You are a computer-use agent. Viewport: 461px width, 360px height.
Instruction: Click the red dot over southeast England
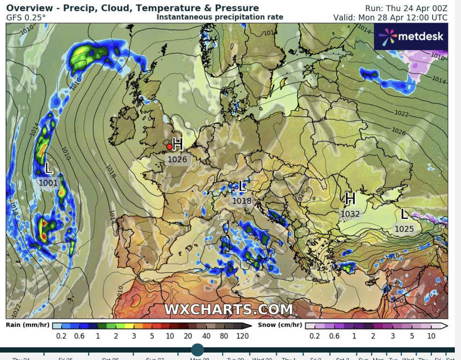pyautogui.click(x=169, y=146)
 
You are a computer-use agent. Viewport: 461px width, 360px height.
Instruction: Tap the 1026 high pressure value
pyautogui.click(x=177, y=160)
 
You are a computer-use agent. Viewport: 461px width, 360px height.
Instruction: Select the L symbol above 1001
pyautogui.click(x=48, y=168)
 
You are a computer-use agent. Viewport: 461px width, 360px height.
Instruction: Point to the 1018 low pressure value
pyautogui.click(x=242, y=201)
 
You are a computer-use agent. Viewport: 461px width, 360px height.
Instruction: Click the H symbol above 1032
pyautogui.click(x=350, y=199)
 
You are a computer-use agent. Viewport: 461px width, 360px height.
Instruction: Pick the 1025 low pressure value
pyautogui.click(x=404, y=229)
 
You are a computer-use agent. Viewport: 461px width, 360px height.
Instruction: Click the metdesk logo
pyautogui.click(x=411, y=36)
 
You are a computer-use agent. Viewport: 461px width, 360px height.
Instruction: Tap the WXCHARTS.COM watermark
pyautogui.click(x=228, y=309)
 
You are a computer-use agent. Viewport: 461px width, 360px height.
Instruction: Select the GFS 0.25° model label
pyautogui.click(x=26, y=17)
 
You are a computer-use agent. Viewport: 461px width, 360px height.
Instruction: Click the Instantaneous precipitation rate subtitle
pyautogui.click(x=220, y=17)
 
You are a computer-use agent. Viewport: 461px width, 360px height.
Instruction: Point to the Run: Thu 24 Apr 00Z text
pyautogui.click(x=406, y=8)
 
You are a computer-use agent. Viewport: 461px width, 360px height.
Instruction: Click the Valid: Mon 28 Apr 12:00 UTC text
pyautogui.click(x=390, y=17)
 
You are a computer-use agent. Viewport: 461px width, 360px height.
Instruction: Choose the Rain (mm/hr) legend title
pyautogui.click(x=27, y=325)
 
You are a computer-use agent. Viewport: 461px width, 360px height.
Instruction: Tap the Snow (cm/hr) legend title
pyautogui.click(x=280, y=325)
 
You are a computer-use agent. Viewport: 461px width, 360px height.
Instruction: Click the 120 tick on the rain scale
pyautogui.click(x=243, y=336)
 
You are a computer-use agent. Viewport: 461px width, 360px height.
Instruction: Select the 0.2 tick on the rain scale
pyautogui.click(x=61, y=336)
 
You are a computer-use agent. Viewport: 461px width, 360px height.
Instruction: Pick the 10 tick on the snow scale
pyautogui.click(x=431, y=336)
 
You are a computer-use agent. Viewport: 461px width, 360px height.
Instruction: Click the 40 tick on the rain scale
pyautogui.click(x=206, y=336)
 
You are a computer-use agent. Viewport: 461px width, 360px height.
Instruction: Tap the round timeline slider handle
pyautogui.click(x=198, y=350)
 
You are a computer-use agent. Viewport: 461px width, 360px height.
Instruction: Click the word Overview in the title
pyautogui.click(x=29, y=8)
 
